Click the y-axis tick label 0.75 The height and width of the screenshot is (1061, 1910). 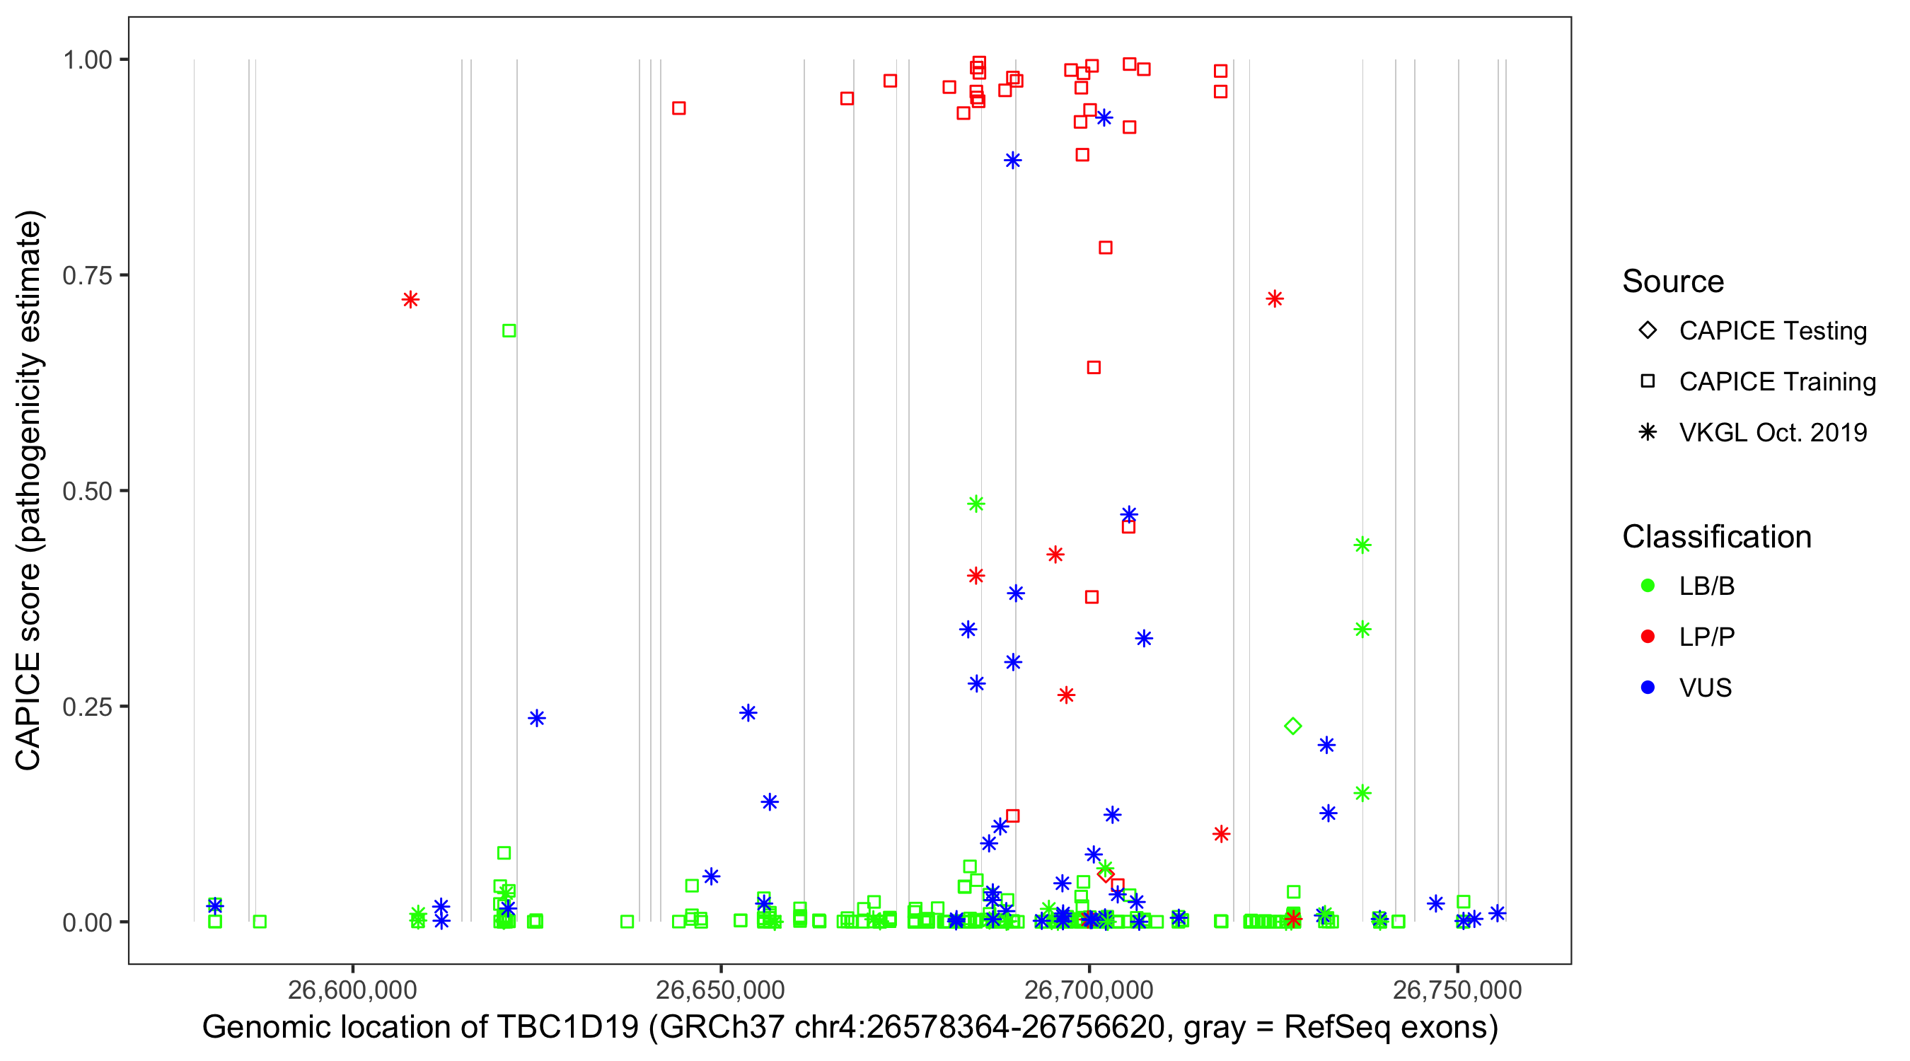87,276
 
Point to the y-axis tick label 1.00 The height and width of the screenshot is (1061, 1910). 87,60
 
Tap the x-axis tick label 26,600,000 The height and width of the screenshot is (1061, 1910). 352,990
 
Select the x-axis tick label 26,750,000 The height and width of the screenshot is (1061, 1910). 1457,990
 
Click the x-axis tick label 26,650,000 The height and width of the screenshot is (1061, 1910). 720,990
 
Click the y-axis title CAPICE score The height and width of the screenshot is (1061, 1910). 29,490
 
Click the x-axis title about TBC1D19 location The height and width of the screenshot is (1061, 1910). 850,1028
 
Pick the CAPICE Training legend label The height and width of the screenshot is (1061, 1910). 1777,382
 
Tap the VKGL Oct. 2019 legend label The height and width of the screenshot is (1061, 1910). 1773,433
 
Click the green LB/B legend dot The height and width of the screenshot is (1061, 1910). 1648,586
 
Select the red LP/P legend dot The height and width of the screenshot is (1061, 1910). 1648,637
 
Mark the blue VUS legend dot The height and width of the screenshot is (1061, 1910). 1648,688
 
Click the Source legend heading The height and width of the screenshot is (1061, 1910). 1673,282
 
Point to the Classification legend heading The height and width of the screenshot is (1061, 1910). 1716,537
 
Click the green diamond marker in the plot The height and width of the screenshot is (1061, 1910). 1292,726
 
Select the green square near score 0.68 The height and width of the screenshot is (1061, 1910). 509,331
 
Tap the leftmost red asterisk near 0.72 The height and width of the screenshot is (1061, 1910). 410,299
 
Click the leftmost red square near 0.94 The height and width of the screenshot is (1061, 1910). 678,108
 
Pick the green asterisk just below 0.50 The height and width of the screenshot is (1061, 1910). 976,504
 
